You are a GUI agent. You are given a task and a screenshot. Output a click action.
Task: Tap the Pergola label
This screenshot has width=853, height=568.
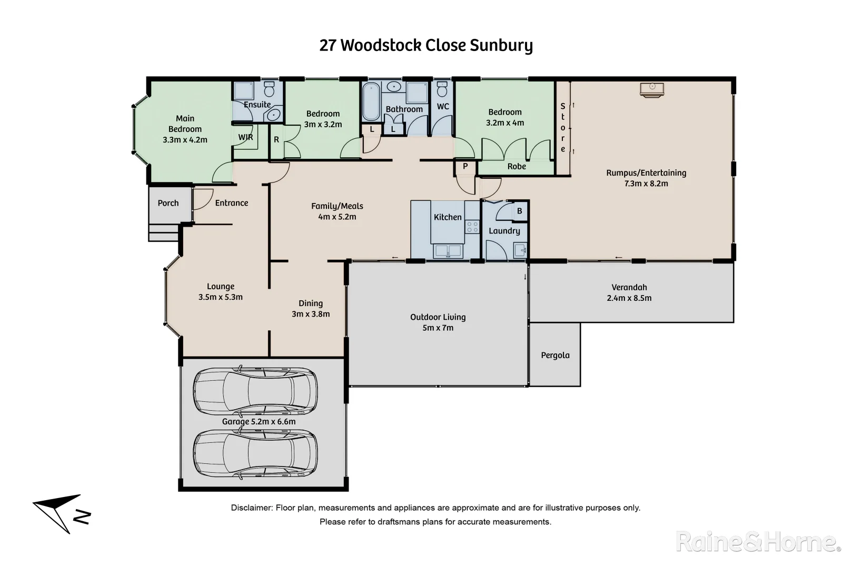click(x=555, y=356)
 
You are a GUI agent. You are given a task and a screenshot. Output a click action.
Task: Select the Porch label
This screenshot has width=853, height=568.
click(x=168, y=203)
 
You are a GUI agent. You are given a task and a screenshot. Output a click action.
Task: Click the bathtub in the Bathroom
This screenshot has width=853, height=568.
click(x=371, y=102)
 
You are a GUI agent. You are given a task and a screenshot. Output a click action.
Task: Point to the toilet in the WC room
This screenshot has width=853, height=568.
click(x=442, y=90)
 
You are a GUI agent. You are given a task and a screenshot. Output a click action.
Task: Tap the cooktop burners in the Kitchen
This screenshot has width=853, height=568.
click(x=472, y=227)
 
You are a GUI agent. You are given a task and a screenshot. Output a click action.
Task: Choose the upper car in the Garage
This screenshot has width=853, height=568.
click(x=255, y=390)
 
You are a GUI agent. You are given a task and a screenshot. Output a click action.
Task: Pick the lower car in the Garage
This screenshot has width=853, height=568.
click(x=255, y=454)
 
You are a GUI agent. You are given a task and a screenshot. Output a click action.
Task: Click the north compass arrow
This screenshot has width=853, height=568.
click(x=59, y=512)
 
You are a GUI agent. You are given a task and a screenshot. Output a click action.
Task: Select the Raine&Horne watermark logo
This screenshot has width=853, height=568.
click(x=758, y=542)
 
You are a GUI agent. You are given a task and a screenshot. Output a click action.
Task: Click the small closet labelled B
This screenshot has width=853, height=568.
click(x=519, y=211)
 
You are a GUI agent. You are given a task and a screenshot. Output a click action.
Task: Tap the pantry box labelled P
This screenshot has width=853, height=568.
click(x=465, y=167)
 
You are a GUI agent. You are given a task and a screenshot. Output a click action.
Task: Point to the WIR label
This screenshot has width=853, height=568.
click(x=245, y=137)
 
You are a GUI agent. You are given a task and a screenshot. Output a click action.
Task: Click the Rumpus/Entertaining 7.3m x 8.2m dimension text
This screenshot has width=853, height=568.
click(x=646, y=184)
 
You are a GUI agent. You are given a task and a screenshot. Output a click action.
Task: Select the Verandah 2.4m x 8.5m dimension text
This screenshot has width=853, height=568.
click(x=629, y=298)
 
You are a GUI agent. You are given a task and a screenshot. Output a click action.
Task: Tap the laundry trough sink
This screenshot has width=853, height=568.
click(x=520, y=249)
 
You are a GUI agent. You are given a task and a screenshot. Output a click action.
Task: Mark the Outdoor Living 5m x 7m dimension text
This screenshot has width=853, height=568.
click(x=438, y=328)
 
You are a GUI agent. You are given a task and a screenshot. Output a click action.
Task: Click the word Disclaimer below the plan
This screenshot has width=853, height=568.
click(x=251, y=508)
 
